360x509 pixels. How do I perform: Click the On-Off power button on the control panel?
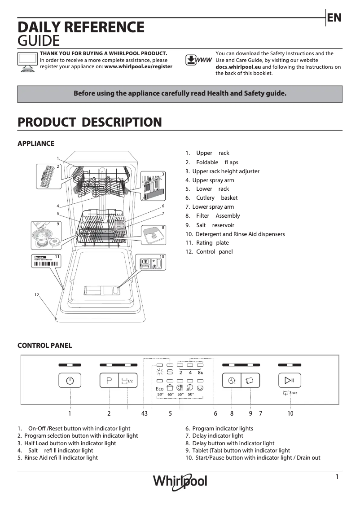pyautogui.click(x=70, y=381)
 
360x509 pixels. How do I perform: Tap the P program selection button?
pyautogui.click(x=109, y=381)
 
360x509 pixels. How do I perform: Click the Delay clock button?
pyautogui.click(x=232, y=381)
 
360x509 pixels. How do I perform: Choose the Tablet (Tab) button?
pyautogui.click(x=250, y=381)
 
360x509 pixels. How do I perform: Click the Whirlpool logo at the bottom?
pyautogui.click(x=180, y=481)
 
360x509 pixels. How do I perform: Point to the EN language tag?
pyautogui.click(x=334, y=18)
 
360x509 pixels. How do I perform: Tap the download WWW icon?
pyautogui.click(x=198, y=60)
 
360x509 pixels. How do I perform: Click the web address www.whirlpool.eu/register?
pyautogui.click(x=138, y=66)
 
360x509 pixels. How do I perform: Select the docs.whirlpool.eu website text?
pyautogui.click(x=238, y=66)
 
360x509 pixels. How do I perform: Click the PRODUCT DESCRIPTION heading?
pyautogui.click(x=89, y=122)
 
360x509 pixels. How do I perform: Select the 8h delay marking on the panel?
pyautogui.click(x=200, y=373)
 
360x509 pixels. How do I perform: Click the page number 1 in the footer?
pyautogui.click(x=337, y=477)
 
